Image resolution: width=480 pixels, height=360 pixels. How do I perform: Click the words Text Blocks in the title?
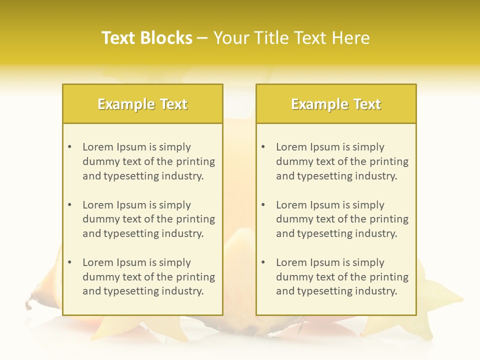pos(147,38)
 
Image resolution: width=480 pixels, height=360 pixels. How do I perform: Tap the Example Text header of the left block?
pos(142,104)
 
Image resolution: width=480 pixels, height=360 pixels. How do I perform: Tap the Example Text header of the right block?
pos(336,104)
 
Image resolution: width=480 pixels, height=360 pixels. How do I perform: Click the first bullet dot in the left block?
pos(69,147)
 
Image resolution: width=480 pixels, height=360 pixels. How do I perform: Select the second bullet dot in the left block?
pos(69,205)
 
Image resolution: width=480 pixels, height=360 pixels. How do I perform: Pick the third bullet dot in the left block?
pos(69,262)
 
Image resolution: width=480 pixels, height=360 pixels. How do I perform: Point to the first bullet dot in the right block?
pos(263,147)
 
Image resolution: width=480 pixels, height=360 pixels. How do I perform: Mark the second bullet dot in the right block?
pos(263,205)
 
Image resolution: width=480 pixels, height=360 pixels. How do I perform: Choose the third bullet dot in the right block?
pos(263,262)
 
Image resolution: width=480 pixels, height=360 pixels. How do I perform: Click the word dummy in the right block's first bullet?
pos(292,161)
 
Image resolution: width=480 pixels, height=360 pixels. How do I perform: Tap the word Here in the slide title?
pos(352,38)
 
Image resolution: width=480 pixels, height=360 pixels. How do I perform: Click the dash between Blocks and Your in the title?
pos(202,38)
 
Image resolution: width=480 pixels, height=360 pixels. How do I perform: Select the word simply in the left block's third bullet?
pos(175,262)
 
